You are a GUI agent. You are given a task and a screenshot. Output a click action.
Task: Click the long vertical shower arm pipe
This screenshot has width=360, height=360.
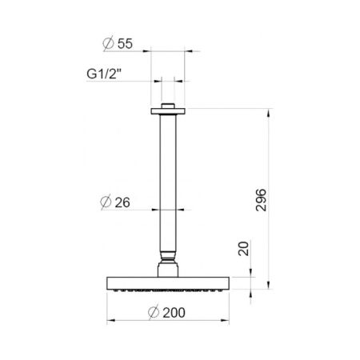[x=168, y=184]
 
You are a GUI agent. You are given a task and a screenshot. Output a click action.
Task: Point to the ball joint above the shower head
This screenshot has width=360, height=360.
[x=168, y=259]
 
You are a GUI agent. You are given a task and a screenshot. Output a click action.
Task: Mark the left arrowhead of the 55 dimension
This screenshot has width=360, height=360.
[x=151, y=50]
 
